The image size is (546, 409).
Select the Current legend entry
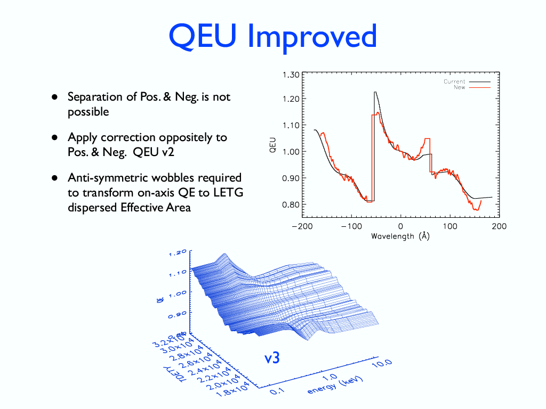pyautogui.click(x=454, y=81)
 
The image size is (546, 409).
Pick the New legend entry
pyautogui.click(x=459, y=87)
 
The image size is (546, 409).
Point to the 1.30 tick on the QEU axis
pyautogui.click(x=291, y=75)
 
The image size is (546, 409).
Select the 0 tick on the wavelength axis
pyautogui.click(x=400, y=226)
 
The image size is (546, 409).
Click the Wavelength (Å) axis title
pyautogui.click(x=400, y=236)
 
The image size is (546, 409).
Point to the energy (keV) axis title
pyautogui.click(x=335, y=385)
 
